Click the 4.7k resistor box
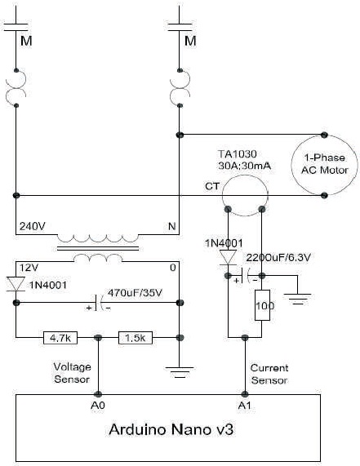click(x=60, y=338)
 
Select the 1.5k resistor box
click(x=136, y=338)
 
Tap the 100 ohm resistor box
click(x=263, y=305)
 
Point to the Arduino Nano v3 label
click(x=171, y=429)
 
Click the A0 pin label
click(x=98, y=405)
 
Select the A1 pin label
click(x=244, y=405)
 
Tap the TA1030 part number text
click(x=238, y=154)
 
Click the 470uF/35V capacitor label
click(x=135, y=293)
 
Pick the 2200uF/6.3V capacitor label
click(x=278, y=257)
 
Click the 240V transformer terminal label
click(x=33, y=226)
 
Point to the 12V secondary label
click(x=29, y=268)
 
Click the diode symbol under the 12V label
click(x=16, y=284)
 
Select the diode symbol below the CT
click(x=228, y=257)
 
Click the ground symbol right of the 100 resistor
click(x=297, y=299)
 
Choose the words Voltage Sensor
click(x=72, y=373)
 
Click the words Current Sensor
click(x=269, y=374)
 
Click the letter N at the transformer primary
click(x=172, y=226)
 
